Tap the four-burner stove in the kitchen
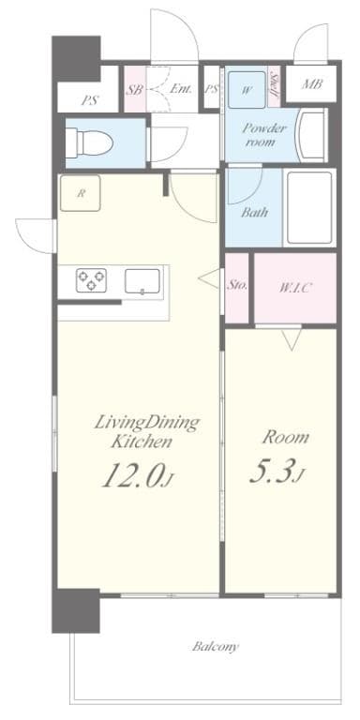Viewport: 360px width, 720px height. [91, 278]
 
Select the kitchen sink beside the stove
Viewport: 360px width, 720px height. [142, 279]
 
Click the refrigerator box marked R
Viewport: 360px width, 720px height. [82, 194]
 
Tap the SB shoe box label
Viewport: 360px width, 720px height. [134, 90]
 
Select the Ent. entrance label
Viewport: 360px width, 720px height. [182, 90]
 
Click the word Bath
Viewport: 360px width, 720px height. [254, 212]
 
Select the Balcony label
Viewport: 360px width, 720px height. [216, 647]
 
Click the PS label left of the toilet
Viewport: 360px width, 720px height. [91, 98]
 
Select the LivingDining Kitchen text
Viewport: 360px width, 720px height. [145, 430]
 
